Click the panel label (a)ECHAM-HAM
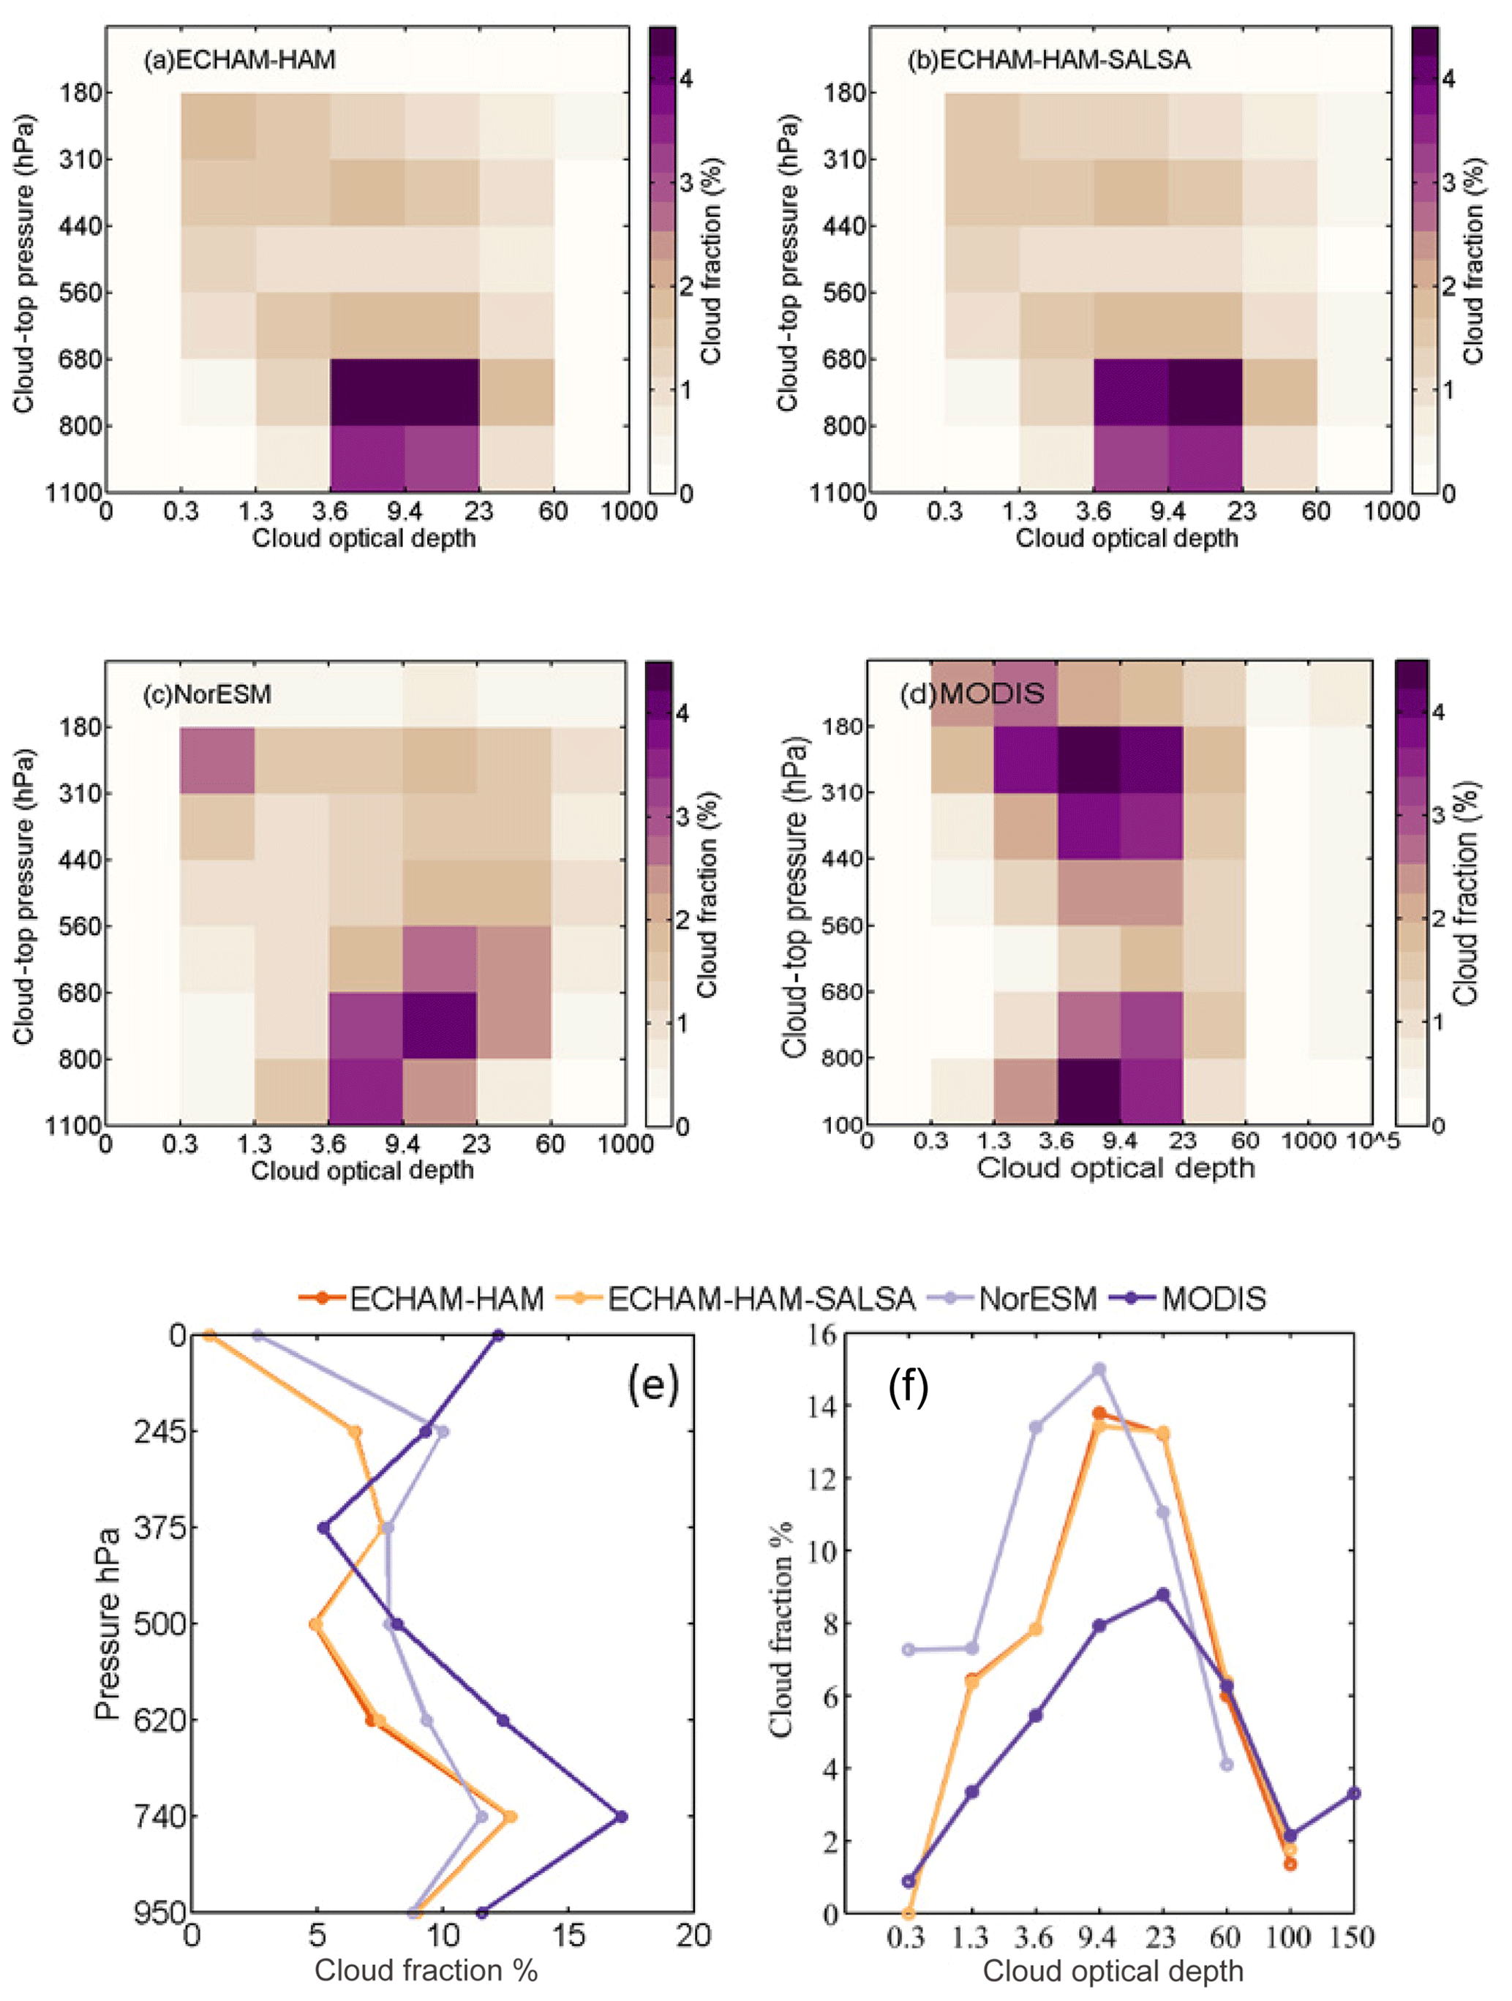[240, 60]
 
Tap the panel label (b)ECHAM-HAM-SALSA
[1049, 60]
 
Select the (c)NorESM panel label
[207, 694]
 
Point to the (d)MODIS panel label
[972, 693]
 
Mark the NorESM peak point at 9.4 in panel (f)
[1099, 1370]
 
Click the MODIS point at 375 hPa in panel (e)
[323, 1528]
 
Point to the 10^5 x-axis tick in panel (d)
[1373, 1141]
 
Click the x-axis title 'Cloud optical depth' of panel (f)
[1113, 1970]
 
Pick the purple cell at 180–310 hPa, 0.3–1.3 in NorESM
[217, 760]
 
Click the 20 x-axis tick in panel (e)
[693, 1936]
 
